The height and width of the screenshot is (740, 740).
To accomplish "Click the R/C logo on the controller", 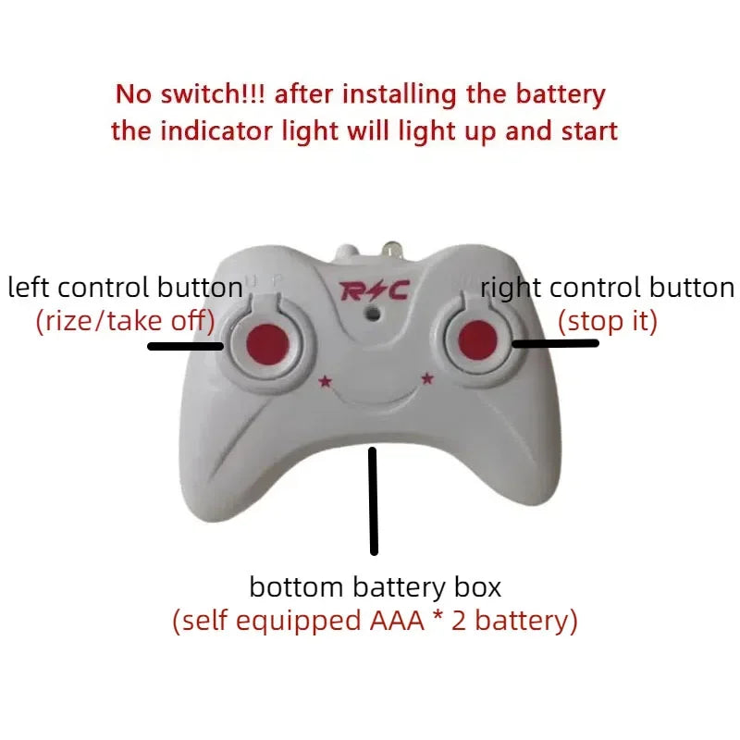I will click(x=374, y=291).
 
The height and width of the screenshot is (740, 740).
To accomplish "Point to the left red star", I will click(x=324, y=380).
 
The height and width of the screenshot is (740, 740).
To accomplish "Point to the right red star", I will click(x=427, y=377).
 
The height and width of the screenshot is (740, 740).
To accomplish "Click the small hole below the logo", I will click(x=372, y=314).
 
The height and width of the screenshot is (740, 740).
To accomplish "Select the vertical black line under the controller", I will click(x=374, y=500).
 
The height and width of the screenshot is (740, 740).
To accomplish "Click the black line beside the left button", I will click(x=185, y=347).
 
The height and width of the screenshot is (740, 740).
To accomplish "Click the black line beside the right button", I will click(x=555, y=343).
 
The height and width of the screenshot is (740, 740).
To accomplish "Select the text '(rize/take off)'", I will click(x=125, y=322).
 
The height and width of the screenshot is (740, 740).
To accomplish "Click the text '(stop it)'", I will click(x=608, y=322).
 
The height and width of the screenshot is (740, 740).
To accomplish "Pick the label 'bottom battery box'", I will click(x=375, y=586).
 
